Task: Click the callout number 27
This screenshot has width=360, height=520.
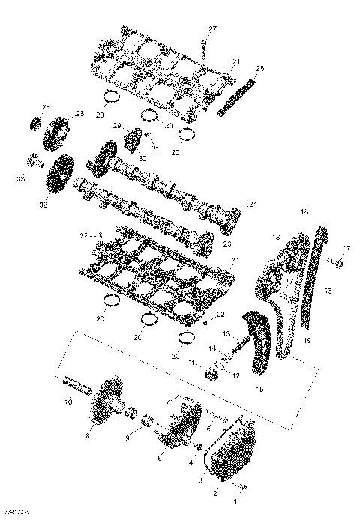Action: (212, 28)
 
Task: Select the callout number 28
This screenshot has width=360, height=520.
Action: (260, 70)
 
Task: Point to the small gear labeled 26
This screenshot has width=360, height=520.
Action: (34, 123)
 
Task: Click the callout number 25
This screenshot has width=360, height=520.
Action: (79, 114)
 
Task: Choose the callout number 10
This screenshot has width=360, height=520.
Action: (68, 403)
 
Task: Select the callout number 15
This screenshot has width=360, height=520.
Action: (260, 390)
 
